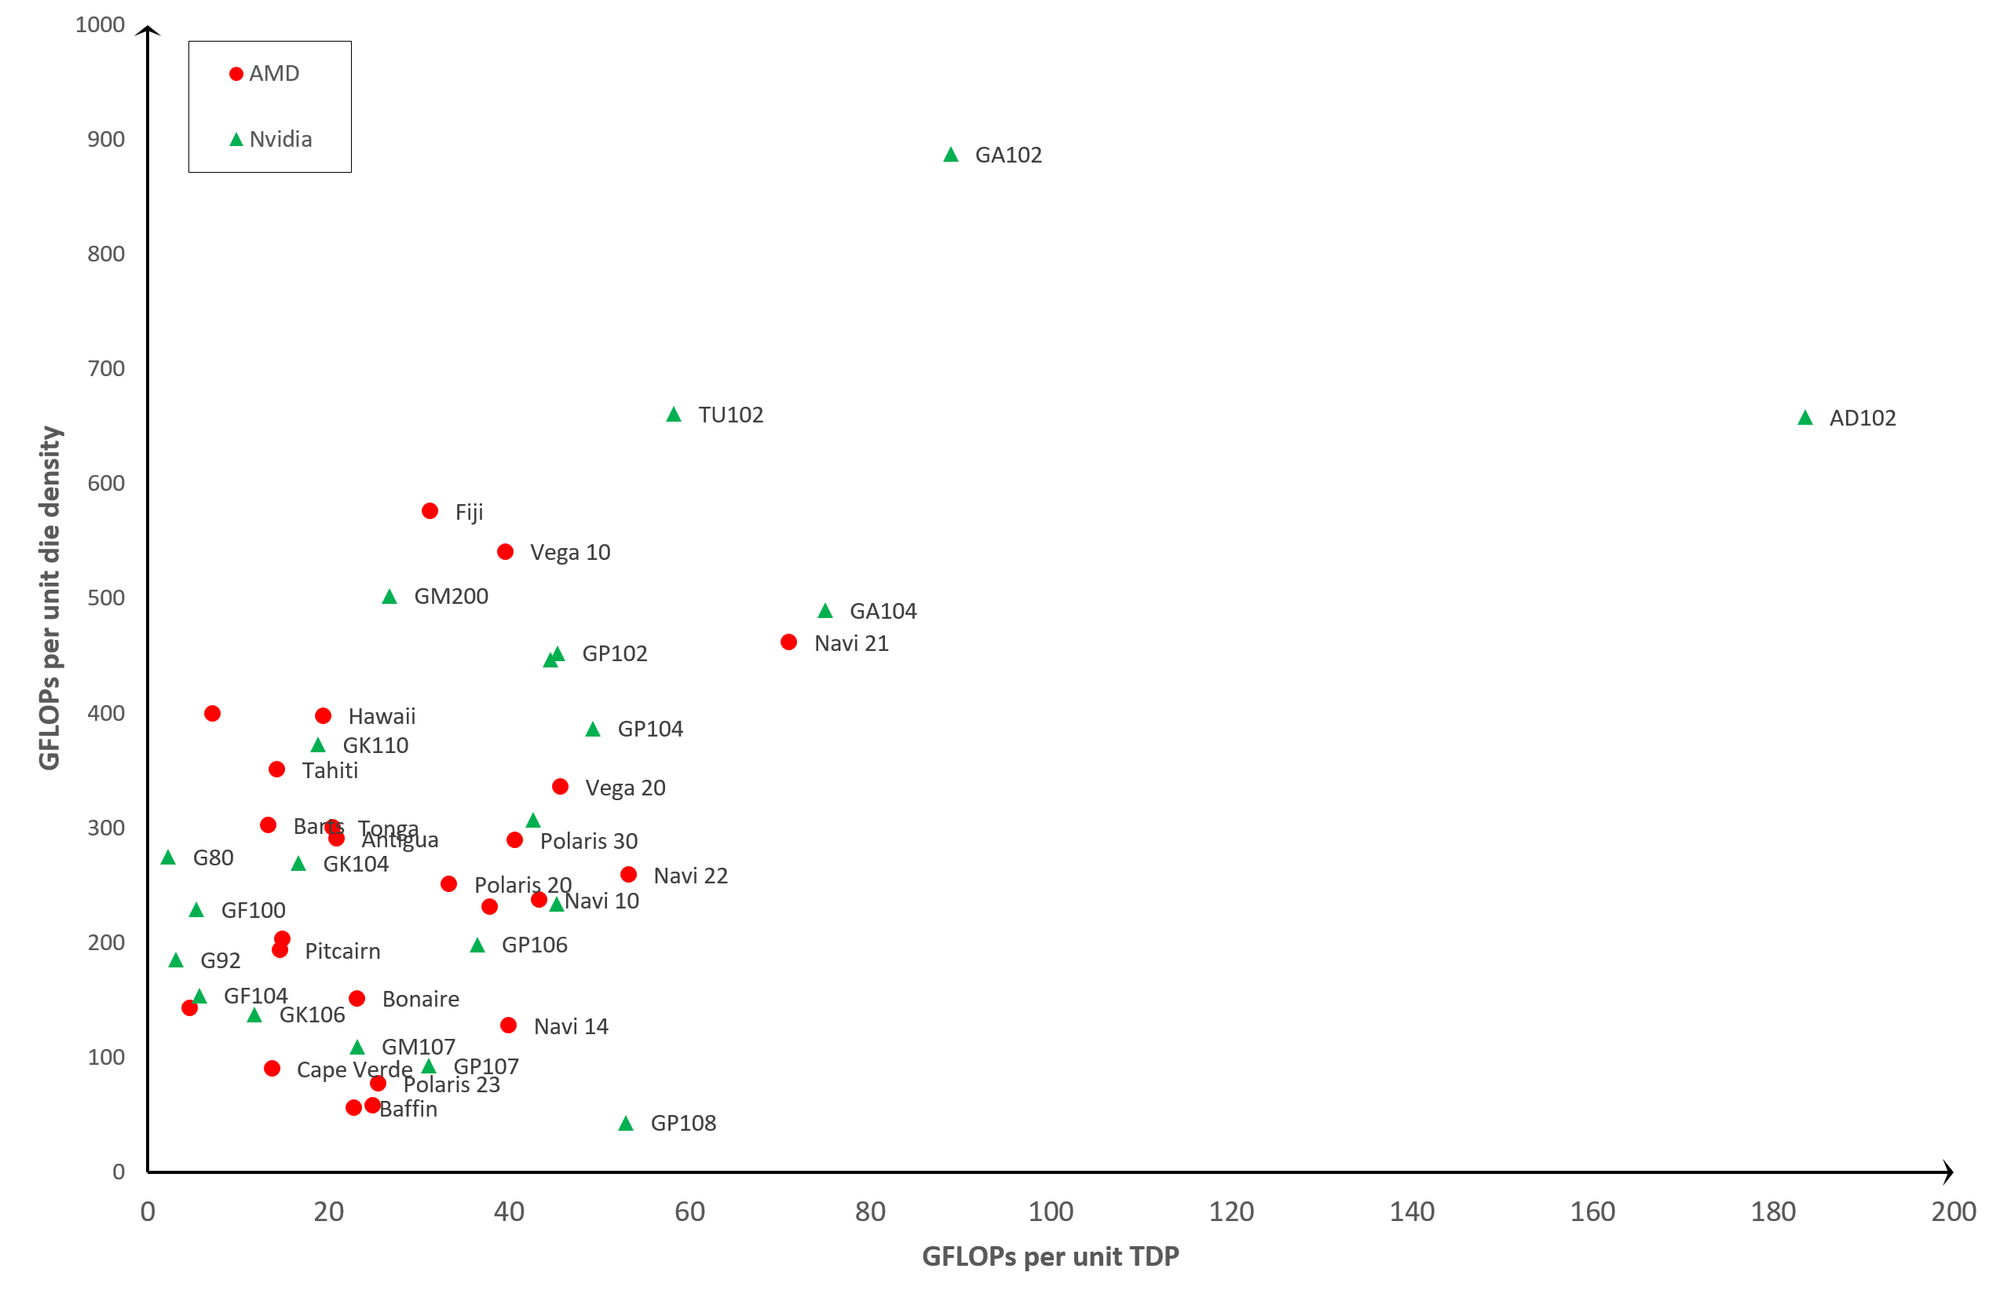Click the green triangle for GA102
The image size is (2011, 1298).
951,154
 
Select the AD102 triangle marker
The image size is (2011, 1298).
1804,418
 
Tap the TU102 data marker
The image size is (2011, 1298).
674,415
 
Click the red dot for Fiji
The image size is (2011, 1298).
430,510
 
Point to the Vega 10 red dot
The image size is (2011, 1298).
506,552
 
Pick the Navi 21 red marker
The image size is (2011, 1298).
789,642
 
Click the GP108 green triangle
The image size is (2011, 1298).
625,1124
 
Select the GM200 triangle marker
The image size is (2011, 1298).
389,597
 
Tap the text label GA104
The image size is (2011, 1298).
883,611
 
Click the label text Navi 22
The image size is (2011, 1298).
690,876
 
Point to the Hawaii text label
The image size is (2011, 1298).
382,716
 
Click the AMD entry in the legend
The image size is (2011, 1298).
265,73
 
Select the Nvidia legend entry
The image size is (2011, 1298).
272,139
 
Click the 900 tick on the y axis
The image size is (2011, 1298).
106,139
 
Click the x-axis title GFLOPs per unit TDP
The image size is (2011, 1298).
1050,1256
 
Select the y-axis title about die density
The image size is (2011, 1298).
49,598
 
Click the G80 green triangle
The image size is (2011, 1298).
169,857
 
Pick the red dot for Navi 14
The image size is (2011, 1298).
508,1025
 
